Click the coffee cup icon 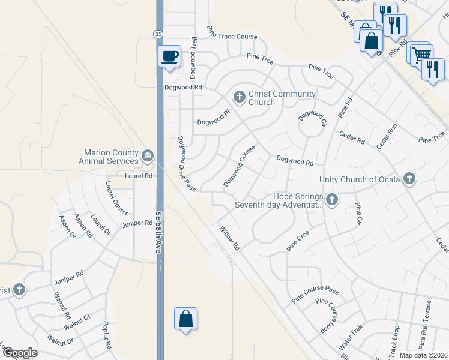(169, 56)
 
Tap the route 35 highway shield (157, 34)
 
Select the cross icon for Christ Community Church (239, 97)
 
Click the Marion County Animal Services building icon (147, 157)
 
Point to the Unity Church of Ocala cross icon (409, 179)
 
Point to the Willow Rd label (229, 238)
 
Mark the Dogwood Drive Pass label (186, 164)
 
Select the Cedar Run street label (387, 137)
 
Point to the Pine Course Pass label (315, 295)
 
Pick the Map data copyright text (424, 355)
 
